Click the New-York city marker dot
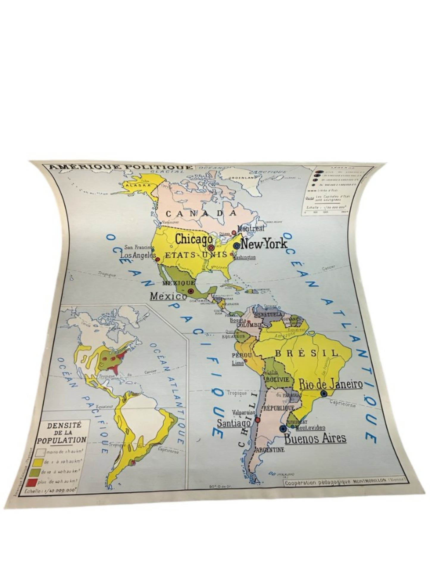point(237,246)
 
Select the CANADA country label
point(201,213)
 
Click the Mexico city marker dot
point(191,291)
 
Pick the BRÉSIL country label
point(307,353)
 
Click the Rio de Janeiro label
point(331,384)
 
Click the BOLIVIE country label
point(277,380)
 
